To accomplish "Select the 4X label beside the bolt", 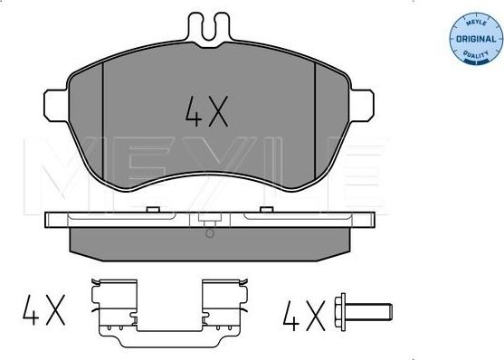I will point(302,316).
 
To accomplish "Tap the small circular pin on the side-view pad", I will point(210,233).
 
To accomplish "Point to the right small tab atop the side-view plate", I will point(265,210).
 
